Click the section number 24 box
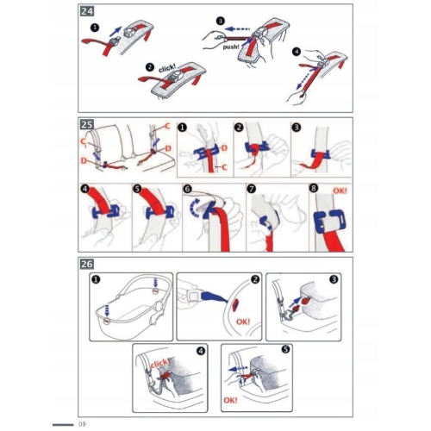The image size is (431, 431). pyautogui.click(x=87, y=11)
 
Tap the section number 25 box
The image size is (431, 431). pyautogui.click(x=87, y=124)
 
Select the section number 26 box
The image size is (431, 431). pyautogui.click(x=87, y=264)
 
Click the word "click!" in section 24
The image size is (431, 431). pyautogui.click(x=167, y=68)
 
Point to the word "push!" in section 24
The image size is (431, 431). pyautogui.click(x=231, y=47)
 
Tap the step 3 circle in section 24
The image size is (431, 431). pyautogui.click(x=221, y=21)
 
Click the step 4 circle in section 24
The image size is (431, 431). pyautogui.click(x=297, y=52)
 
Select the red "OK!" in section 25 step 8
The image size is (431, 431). pyautogui.click(x=340, y=191)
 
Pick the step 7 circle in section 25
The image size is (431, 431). pyautogui.click(x=252, y=189)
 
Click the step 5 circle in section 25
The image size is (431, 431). pyautogui.click(x=138, y=189)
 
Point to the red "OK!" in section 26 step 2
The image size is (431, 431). pyautogui.click(x=243, y=322)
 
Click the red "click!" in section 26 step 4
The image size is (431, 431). pyautogui.click(x=159, y=363)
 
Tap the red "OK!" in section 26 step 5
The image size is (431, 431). pyautogui.click(x=230, y=400)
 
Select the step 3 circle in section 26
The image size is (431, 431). pyautogui.click(x=334, y=279)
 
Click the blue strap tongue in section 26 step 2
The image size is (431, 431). pyautogui.click(x=215, y=297)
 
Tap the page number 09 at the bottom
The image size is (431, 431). pyautogui.click(x=82, y=424)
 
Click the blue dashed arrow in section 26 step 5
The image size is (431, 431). pyautogui.click(x=238, y=368)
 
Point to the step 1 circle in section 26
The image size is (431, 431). pyautogui.click(x=97, y=279)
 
